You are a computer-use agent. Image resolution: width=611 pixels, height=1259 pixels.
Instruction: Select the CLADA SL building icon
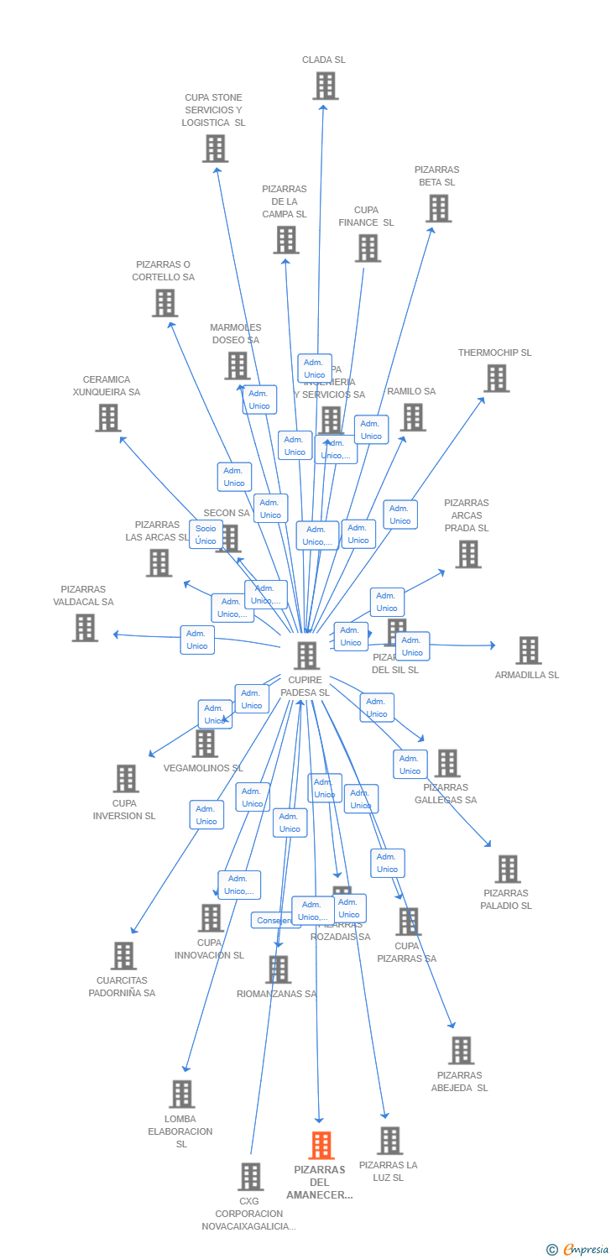tap(325, 86)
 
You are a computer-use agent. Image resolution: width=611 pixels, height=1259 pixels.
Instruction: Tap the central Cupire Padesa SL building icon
tap(307, 656)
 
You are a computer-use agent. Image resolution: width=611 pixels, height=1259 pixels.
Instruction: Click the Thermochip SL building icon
tap(496, 379)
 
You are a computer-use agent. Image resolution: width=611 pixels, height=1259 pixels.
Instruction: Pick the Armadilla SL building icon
tap(528, 650)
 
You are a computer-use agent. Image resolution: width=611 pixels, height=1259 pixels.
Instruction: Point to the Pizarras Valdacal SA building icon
tap(85, 628)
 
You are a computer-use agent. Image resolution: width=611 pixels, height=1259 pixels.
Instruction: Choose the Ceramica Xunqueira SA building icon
tap(107, 418)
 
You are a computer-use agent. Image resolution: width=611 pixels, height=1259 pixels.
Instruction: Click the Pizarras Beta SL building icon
tap(438, 208)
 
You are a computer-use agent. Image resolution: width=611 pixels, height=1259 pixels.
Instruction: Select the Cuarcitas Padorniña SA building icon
tap(123, 956)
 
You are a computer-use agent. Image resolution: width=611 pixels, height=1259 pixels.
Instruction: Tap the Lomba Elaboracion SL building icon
tap(181, 1094)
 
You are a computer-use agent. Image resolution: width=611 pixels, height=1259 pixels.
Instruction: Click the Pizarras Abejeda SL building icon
tap(461, 1051)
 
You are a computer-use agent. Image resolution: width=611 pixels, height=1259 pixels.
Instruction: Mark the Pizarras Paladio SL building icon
tap(507, 869)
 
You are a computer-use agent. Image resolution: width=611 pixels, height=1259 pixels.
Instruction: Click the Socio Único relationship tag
tap(206, 535)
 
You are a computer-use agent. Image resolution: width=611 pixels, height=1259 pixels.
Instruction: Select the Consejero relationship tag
tap(274, 921)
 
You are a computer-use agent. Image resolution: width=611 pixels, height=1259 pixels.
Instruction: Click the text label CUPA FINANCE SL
tap(366, 217)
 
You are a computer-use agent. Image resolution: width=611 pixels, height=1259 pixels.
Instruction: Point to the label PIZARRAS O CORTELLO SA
tap(163, 271)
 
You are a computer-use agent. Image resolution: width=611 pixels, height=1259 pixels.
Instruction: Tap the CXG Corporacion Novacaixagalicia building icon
tap(250, 1177)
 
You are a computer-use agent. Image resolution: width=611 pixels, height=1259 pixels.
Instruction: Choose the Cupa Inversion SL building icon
tap(126, 779)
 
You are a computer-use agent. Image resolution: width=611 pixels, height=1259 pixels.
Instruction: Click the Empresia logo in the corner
tap(577, 1250)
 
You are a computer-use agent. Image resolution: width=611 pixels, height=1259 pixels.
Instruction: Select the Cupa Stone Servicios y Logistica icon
tap(215, 149)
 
